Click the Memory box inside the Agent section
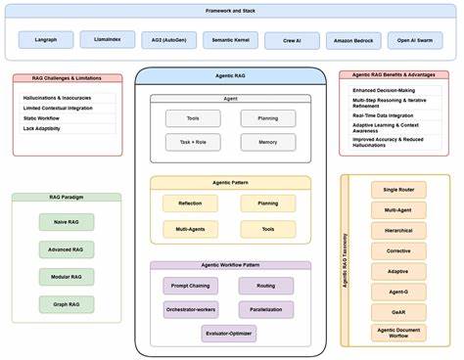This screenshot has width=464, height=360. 267,142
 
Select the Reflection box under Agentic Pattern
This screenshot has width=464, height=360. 191,203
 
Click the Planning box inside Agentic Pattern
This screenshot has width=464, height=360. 267,203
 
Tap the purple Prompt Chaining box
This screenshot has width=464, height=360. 191,286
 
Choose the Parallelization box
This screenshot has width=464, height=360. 267,309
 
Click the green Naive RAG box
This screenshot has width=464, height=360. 67,223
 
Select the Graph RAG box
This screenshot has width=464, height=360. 67,303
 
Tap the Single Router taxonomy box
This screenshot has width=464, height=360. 398,189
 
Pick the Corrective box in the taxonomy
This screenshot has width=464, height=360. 398,250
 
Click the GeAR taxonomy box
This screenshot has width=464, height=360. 398,312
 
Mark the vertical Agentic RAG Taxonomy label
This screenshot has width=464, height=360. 347,259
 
